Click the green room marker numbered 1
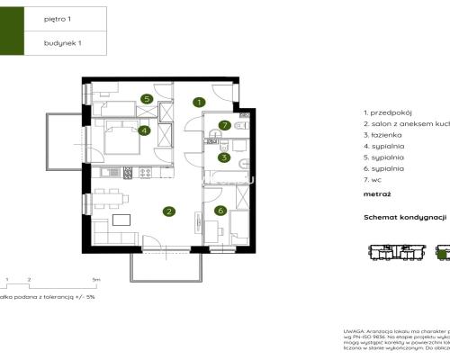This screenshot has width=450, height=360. tap(199, 103)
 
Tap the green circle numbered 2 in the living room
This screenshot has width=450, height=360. tap(168, 211)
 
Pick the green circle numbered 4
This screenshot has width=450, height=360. tap(145, 130)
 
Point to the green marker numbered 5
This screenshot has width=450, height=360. tap(146, 99)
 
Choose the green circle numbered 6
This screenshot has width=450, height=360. tap(220, 211)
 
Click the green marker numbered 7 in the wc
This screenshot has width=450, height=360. tap(225, 125)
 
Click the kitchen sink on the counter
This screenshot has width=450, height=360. tap(106, 172)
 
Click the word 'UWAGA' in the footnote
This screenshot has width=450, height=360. tap(354, 331)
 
